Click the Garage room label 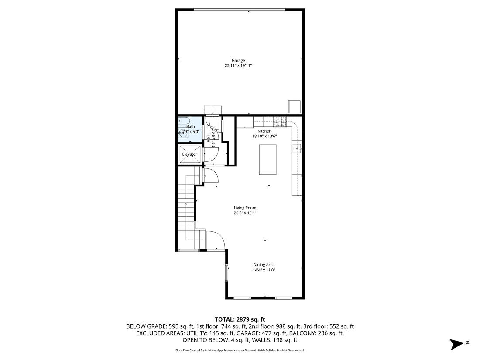tap(238, 60)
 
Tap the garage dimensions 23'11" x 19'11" tap(238, 65)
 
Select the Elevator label tap(190, 154)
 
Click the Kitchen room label tap(264, 131)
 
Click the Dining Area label tap(264, 265)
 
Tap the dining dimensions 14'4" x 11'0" tap(264, 270)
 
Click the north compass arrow tap(458, 344)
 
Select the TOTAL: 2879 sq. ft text tap(240, 319)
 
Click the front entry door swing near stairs tap(216, 240)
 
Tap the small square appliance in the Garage tap(294, 106)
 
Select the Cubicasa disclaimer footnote tap(240, 350)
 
